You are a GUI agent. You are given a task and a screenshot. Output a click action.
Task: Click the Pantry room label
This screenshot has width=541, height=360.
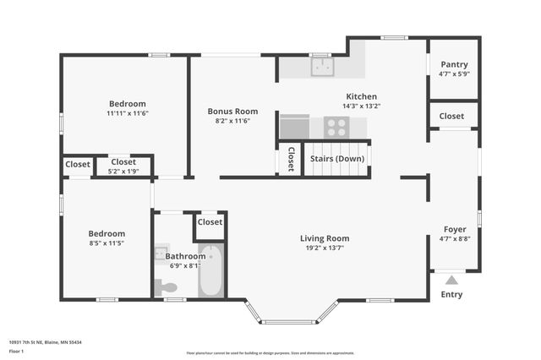pyautogui.click(x=454, y=64)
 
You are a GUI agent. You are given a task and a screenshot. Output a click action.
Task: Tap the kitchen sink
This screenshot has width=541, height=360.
pyautogui.click(x=320, y=67)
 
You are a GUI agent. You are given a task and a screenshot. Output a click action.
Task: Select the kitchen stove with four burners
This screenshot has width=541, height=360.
pyautogui.click(x=336, y=127)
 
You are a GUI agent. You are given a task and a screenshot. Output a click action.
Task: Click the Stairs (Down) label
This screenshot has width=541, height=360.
pyautogui.click(x=337, y=159)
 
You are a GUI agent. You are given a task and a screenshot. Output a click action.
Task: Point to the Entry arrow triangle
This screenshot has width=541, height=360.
pyautogui.click(x=451, y=280)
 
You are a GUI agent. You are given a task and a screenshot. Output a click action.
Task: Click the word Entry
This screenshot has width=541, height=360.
pyautogui.click(x=451, y=295)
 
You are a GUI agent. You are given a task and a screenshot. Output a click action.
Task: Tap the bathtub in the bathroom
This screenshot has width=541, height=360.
pyautogui.click(x=210, y=270)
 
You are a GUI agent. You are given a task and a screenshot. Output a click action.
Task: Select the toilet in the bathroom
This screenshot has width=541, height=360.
pyautogui.click(x=168, y=288)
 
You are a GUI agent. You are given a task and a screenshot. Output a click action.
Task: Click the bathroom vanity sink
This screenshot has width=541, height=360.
pyautogui.click(x=161, y=253)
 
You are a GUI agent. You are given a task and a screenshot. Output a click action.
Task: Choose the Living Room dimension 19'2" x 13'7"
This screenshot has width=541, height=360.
pyautogui.click(x=325, y=248)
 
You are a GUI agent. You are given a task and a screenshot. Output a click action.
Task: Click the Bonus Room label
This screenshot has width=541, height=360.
pyautogui.click(x=232, y=111)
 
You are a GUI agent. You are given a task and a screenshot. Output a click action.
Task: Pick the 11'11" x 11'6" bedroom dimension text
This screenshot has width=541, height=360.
pyautogui.click(x=128, y=113)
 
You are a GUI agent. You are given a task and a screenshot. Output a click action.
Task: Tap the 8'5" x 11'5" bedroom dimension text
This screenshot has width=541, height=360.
pyautogui.click(x=107, y=243)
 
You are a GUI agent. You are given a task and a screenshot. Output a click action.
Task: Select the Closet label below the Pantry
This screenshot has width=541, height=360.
pyautogui.click(x=451, y=116)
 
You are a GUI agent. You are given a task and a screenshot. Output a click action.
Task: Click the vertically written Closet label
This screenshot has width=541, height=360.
pyautogui.click(x=290, y=159)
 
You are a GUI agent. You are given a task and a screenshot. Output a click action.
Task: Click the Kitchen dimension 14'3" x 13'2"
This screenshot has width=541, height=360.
pyautogui.click(x=361, y=106)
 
